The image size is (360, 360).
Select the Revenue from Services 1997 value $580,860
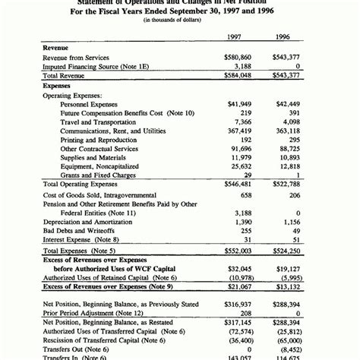(238, 57)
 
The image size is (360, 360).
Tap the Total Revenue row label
(65, 77)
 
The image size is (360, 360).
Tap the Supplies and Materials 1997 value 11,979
(241, 157)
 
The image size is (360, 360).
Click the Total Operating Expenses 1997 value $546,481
(238, 185)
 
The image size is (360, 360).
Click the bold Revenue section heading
(56, 47)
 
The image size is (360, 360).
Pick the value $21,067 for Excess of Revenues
(238, 286)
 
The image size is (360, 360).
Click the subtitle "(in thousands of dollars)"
(179, 20)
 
